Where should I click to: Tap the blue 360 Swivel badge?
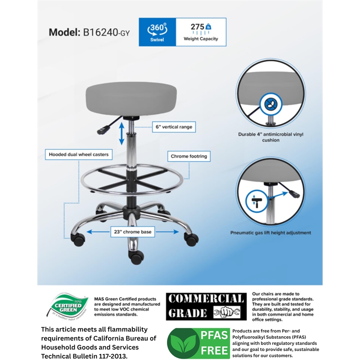pos(157,32)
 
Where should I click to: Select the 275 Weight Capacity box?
pos(201,32)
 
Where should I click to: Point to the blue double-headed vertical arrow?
pos(121,134)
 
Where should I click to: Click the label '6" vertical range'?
pos(172,127)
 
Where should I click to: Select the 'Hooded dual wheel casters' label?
pos(79,154)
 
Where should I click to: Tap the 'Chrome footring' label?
pos(189,157)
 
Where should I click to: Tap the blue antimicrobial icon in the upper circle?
pos(270,104)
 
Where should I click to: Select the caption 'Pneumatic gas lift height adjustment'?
pos(271,233)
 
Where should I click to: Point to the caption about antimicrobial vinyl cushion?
pos(271,137)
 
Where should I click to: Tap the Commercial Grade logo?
pos(205,306)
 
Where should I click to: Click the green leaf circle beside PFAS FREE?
pos(183,343)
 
